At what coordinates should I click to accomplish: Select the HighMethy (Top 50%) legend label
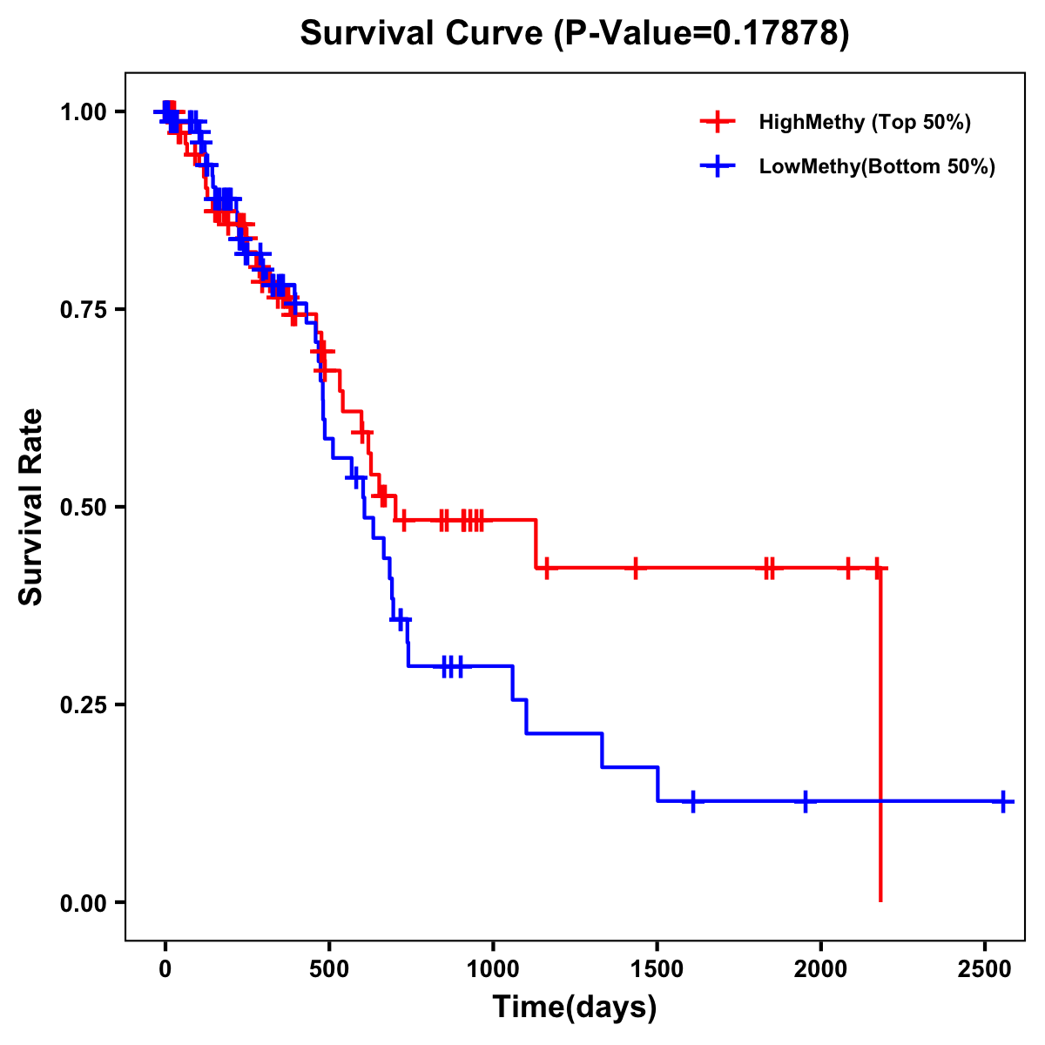(865, 122)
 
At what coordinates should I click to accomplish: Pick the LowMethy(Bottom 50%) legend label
(877, 167)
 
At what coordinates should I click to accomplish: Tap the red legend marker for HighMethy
(718, 122)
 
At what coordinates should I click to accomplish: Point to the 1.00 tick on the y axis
(83, 111)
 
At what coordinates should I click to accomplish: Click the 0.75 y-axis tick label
(83, 309)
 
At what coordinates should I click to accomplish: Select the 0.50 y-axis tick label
(83, 507)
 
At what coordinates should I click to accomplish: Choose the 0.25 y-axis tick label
(83, 705)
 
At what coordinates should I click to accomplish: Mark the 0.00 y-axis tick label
(83, 902)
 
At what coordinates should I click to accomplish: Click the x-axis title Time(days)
(575, 1008)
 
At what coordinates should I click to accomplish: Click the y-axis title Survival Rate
(31, 507)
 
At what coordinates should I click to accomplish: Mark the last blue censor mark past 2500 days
(1003, 801)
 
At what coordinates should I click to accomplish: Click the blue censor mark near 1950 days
(805, 801)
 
